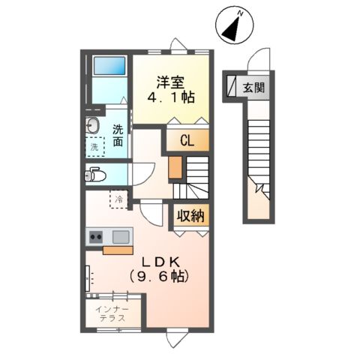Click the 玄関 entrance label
click(252, 87)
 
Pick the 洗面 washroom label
click(119, 135)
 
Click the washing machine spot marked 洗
click(94, 147)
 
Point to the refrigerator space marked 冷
click(118, 199)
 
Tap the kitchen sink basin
click(119, 237)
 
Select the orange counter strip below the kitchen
click(118, 251)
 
